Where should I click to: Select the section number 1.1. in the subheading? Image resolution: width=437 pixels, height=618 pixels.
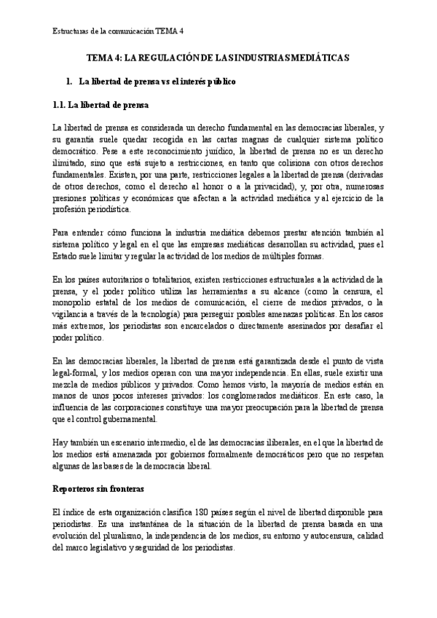(64, 104)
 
